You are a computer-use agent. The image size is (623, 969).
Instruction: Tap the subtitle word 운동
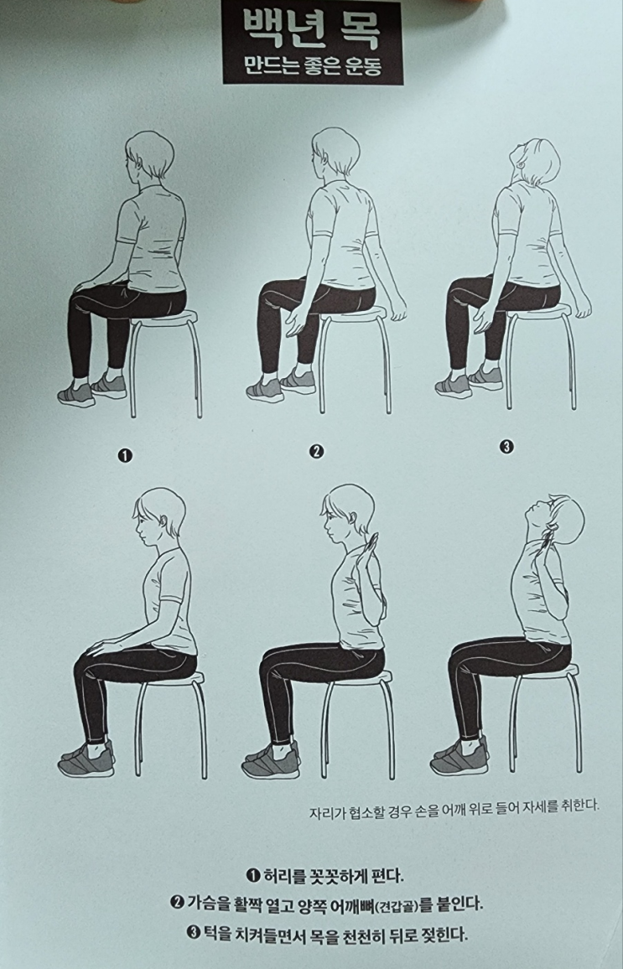point(359,66)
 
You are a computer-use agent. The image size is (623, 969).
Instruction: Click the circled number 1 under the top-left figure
point(126,456)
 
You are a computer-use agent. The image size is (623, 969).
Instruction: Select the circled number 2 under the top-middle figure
point(316,452)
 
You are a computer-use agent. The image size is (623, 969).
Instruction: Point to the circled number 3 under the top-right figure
point(506,447)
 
